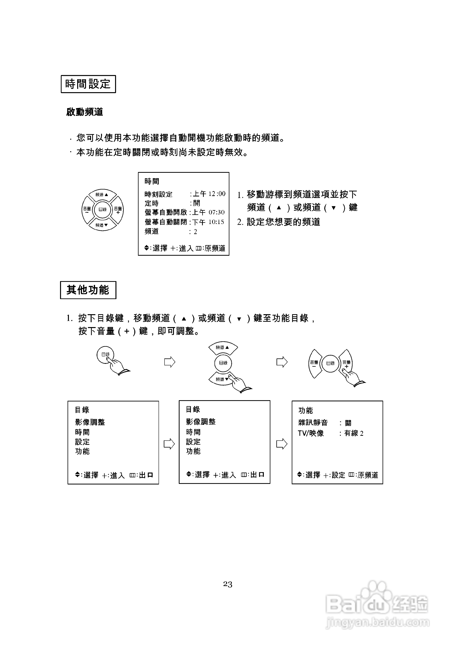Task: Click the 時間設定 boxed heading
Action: [x=88, y=84]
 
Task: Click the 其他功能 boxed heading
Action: [x=88, y=290]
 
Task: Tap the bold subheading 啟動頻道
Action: [x=84, y=112]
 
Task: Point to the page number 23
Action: [x=228, y=584]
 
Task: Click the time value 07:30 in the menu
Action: [x=216, y=212]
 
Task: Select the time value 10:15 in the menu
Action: [x=216, y=222]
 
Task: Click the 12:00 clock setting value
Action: [x=217, y=194]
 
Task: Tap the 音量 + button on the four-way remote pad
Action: [x=118, y=210]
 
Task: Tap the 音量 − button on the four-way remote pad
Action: [x=87, y=210]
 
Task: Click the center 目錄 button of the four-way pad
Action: [x=103, y=209]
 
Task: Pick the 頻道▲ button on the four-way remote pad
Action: [x=102, y=195]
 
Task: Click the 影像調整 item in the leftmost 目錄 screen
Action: [x=90, y=422]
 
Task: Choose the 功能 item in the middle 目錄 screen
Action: [x=193, y=451]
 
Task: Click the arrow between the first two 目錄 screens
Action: [x=169, y=444]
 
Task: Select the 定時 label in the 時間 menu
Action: [x=152, y=203]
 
